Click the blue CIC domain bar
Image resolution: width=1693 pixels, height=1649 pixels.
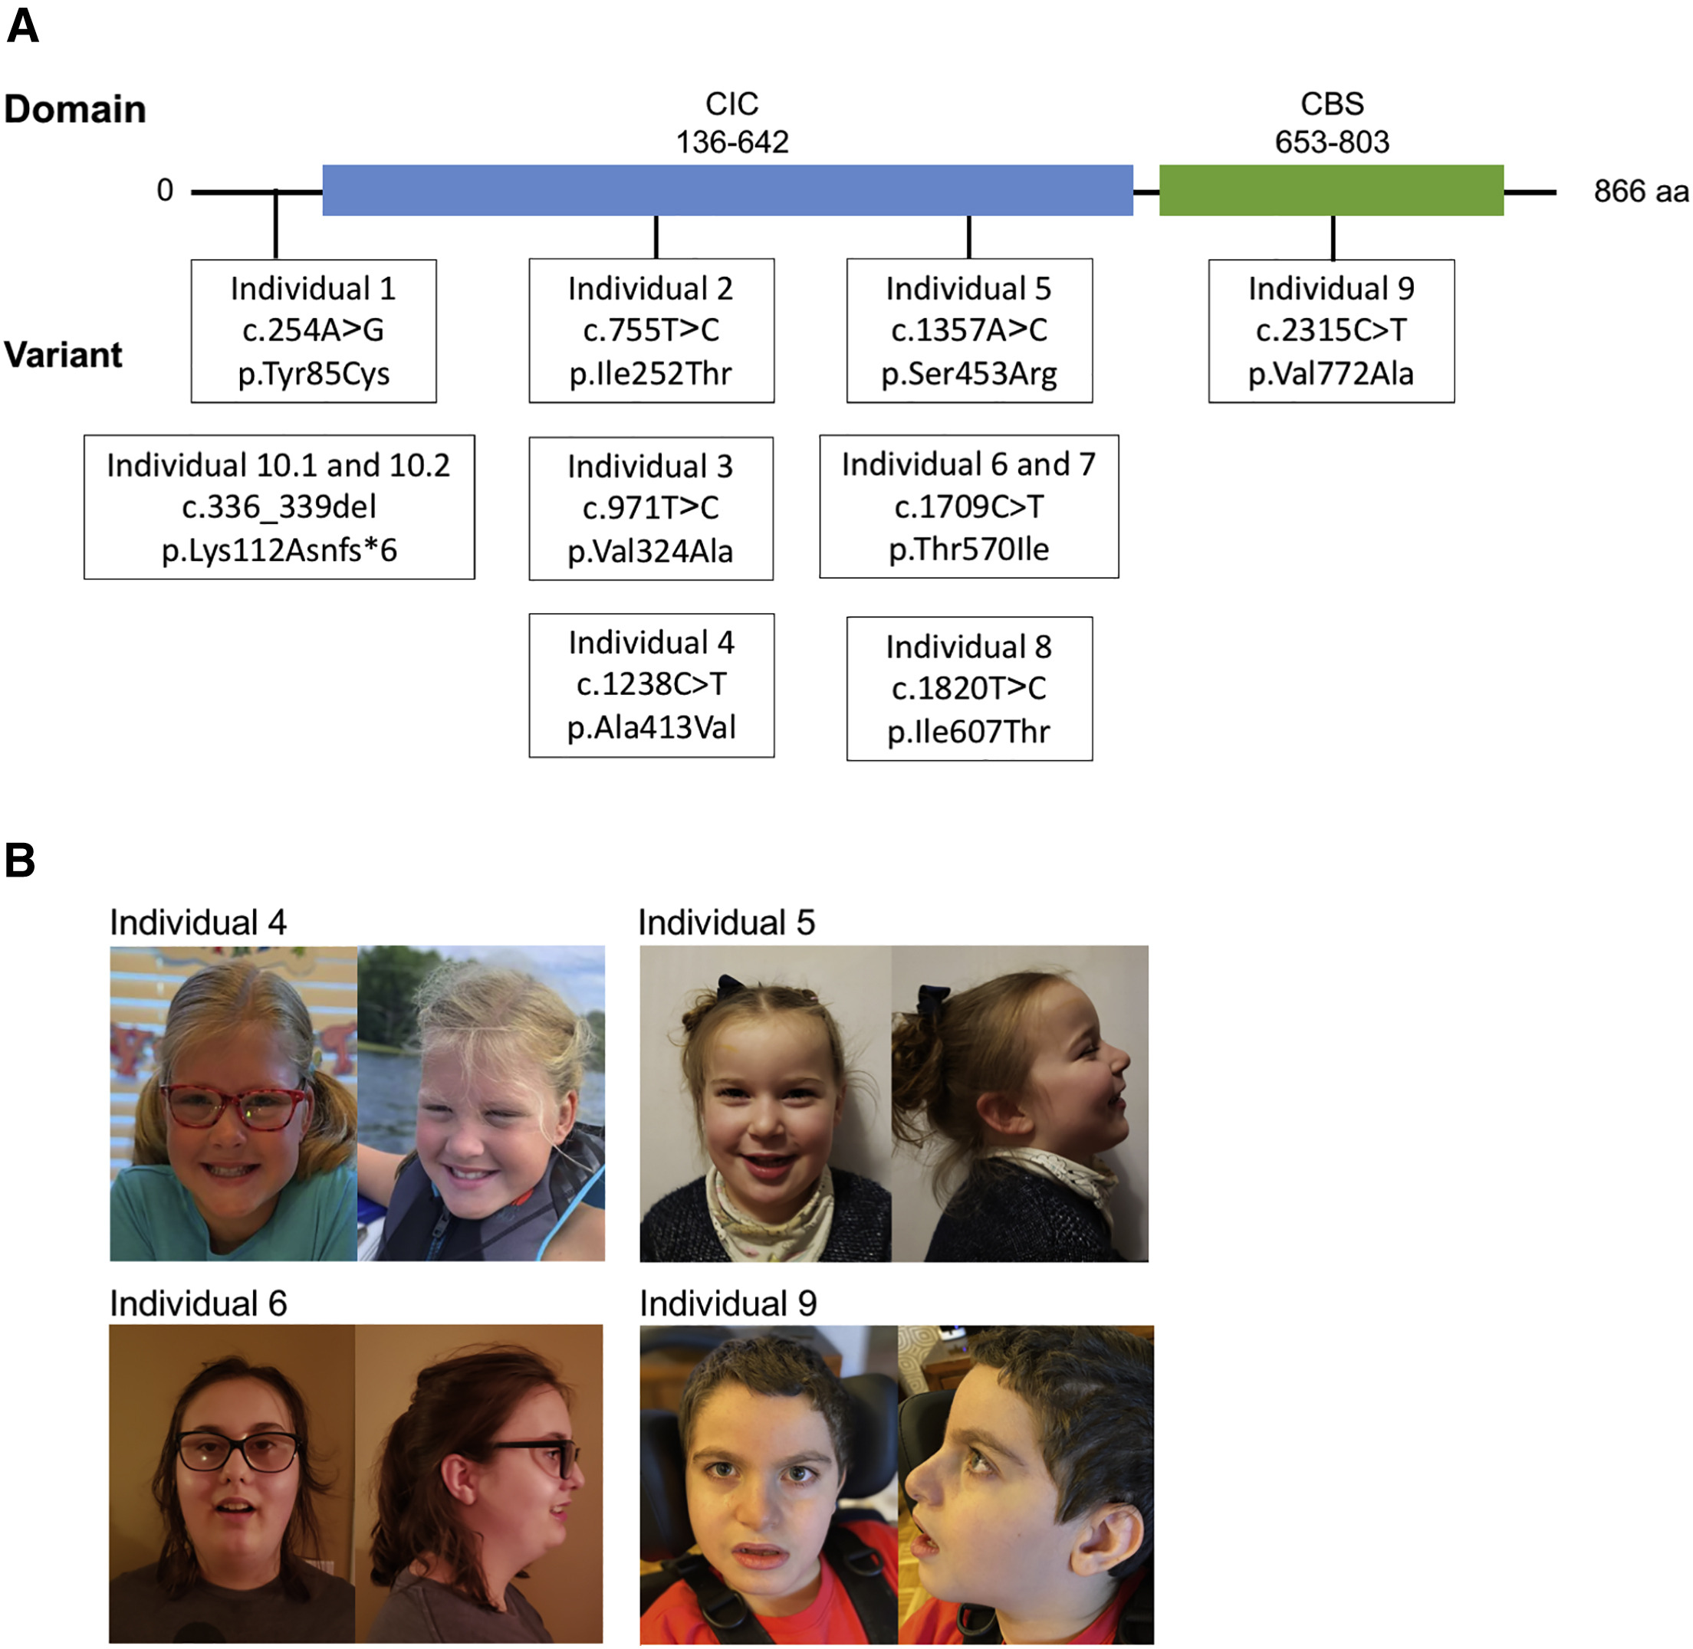[727, 190]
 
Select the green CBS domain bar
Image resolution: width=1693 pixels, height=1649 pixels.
[1331, 190]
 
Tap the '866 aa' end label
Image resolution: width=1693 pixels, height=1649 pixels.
[1640, 192]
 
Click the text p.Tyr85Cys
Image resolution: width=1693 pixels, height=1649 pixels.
[314, 374]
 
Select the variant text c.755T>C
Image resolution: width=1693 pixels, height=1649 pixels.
[651, 330]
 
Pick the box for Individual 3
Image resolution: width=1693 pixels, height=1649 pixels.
[651, 508]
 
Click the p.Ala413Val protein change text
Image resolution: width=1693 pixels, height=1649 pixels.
[652, 727]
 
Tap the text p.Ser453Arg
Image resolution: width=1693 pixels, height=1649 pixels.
[968, 374]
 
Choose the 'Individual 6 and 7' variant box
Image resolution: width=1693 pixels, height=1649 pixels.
[968, 507]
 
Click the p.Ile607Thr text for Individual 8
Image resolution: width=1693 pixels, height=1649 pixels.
[968, 732]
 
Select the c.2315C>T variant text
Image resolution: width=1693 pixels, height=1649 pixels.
[1331, 330]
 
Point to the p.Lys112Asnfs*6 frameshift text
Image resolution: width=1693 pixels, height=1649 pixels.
[279, 550]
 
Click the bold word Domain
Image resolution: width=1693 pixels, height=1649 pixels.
[74, 109]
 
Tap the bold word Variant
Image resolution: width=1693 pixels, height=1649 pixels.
[63, 354]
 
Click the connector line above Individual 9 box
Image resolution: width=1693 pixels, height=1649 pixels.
[1333, 238]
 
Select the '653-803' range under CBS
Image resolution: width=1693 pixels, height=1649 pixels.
[1332, 142]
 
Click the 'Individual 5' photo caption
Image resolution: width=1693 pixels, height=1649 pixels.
[726, 923]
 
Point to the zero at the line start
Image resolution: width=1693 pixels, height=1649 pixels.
[165, 190]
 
